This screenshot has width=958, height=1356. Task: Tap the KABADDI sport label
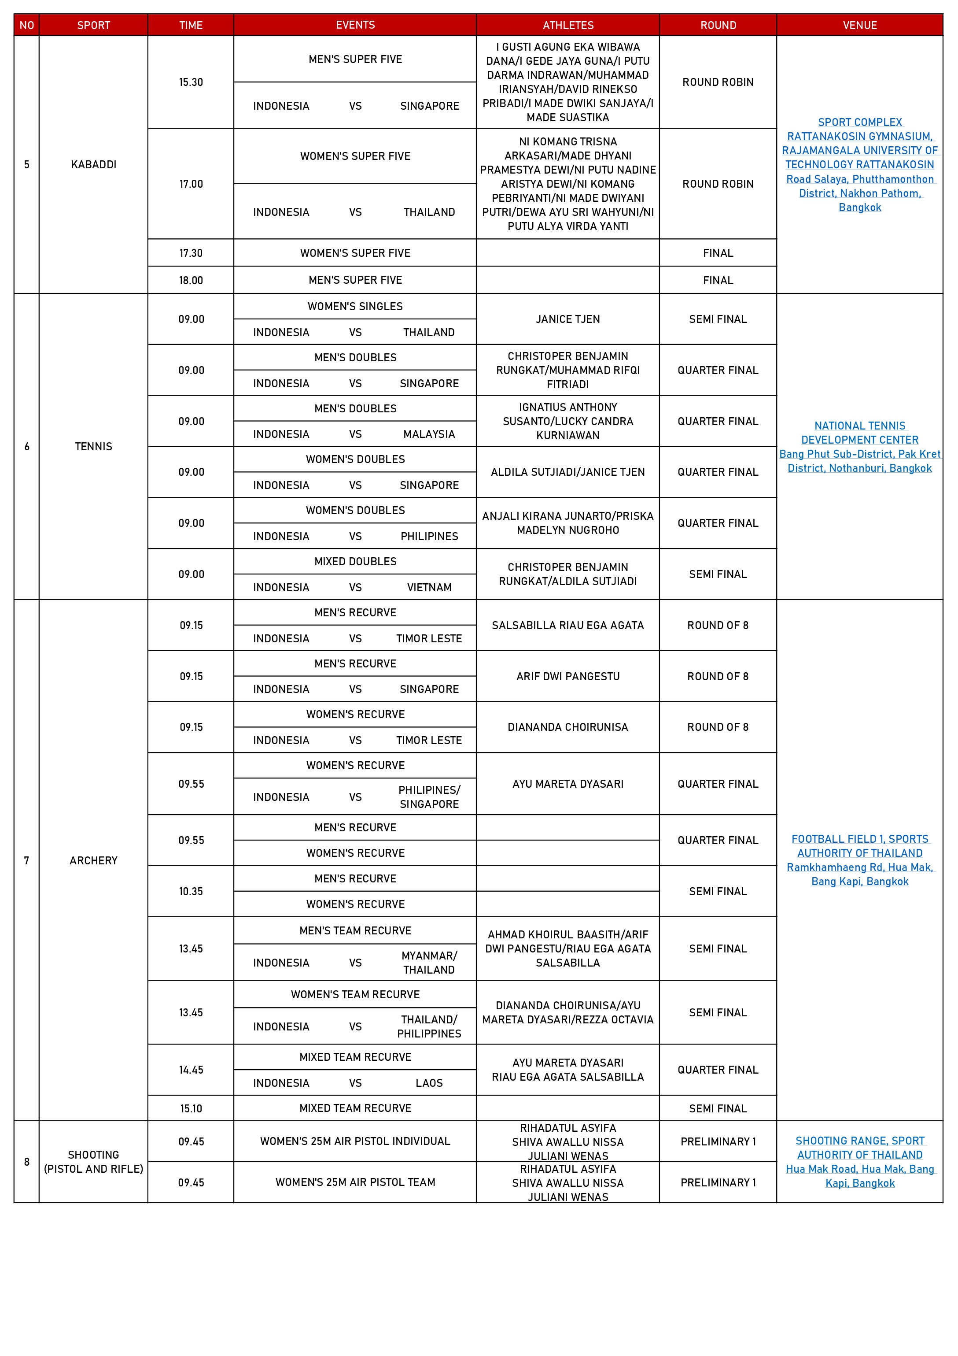(93, 165)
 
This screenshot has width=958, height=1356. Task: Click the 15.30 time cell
(191, 82)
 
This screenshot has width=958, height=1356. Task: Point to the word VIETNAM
(429, 588)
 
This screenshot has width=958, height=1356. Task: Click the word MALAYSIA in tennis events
(429, 434)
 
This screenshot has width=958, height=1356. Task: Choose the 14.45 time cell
(191, 1070)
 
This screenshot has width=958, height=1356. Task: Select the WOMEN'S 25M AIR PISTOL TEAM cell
(355, 1182)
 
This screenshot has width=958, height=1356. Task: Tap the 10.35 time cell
(191, 891)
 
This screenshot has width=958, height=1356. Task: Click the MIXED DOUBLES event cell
(355, 562)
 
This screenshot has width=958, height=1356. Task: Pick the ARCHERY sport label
(93, 860)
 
